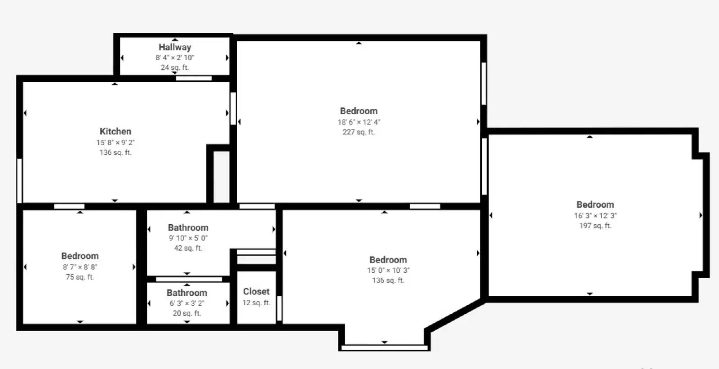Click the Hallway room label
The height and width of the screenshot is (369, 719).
point(175,47)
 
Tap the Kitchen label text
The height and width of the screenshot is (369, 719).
point(115,131)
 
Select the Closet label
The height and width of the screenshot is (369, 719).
point(256,292)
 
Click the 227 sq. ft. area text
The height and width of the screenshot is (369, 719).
point(359,132)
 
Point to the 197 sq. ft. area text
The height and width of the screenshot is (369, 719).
point(595,226)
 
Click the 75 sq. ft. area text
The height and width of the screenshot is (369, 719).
point(80,277)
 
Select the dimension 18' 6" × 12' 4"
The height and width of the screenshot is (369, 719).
point(359,122)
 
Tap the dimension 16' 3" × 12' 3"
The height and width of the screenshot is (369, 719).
point(595,216)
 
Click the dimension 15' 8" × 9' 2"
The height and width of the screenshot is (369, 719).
point(115,142)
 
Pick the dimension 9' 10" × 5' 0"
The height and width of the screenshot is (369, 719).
point(188,238)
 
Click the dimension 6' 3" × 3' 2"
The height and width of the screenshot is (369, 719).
point(187,303)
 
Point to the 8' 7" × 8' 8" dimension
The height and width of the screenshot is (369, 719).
point(80,267)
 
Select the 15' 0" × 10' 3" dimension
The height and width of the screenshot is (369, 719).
point(388,271)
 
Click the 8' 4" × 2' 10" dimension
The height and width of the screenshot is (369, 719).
point(175,58)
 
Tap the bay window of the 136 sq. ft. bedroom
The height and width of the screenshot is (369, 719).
point(384,347)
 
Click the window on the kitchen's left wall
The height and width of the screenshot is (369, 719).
point(19,181)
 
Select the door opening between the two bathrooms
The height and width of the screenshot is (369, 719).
point(189,279)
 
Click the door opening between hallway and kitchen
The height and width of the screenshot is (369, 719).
point(194,78)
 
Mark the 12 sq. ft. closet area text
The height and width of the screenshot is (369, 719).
point(256,302)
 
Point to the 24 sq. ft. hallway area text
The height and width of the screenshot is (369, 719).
point(175,68)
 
